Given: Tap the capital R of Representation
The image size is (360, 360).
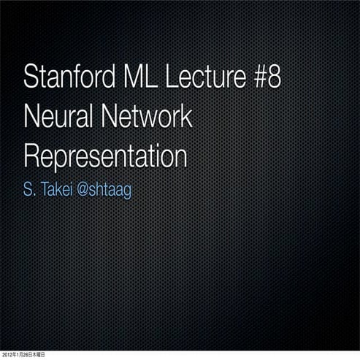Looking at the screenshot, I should click(31, 156).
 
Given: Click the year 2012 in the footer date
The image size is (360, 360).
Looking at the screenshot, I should click(7, 355).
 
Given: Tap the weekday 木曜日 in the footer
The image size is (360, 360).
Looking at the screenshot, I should click(38, 355).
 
